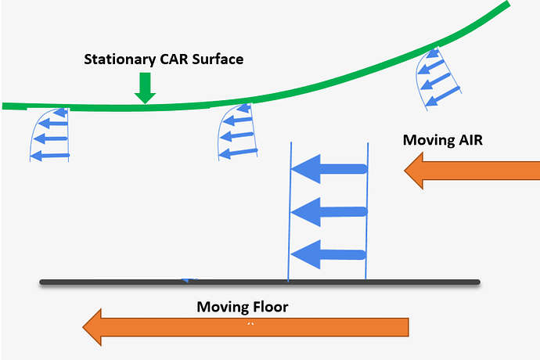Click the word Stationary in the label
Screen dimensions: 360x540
pos(117,59)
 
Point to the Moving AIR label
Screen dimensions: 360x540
pos(443,140)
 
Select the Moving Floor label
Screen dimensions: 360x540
pos(242,307)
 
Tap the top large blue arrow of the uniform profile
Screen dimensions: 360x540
pos(329,168)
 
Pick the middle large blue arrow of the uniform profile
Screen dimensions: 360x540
pos(329,211)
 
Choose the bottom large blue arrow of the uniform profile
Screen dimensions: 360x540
pos(329,253)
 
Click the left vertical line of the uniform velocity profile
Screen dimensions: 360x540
pos(291,211)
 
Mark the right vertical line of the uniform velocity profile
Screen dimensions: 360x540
pos(366,211)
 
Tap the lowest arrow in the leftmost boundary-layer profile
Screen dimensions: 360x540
pos(51,155)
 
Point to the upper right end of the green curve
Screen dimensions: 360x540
pos(506,5)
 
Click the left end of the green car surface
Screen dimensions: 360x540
pos(6,106)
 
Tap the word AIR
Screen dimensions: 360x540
pos(472,140)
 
